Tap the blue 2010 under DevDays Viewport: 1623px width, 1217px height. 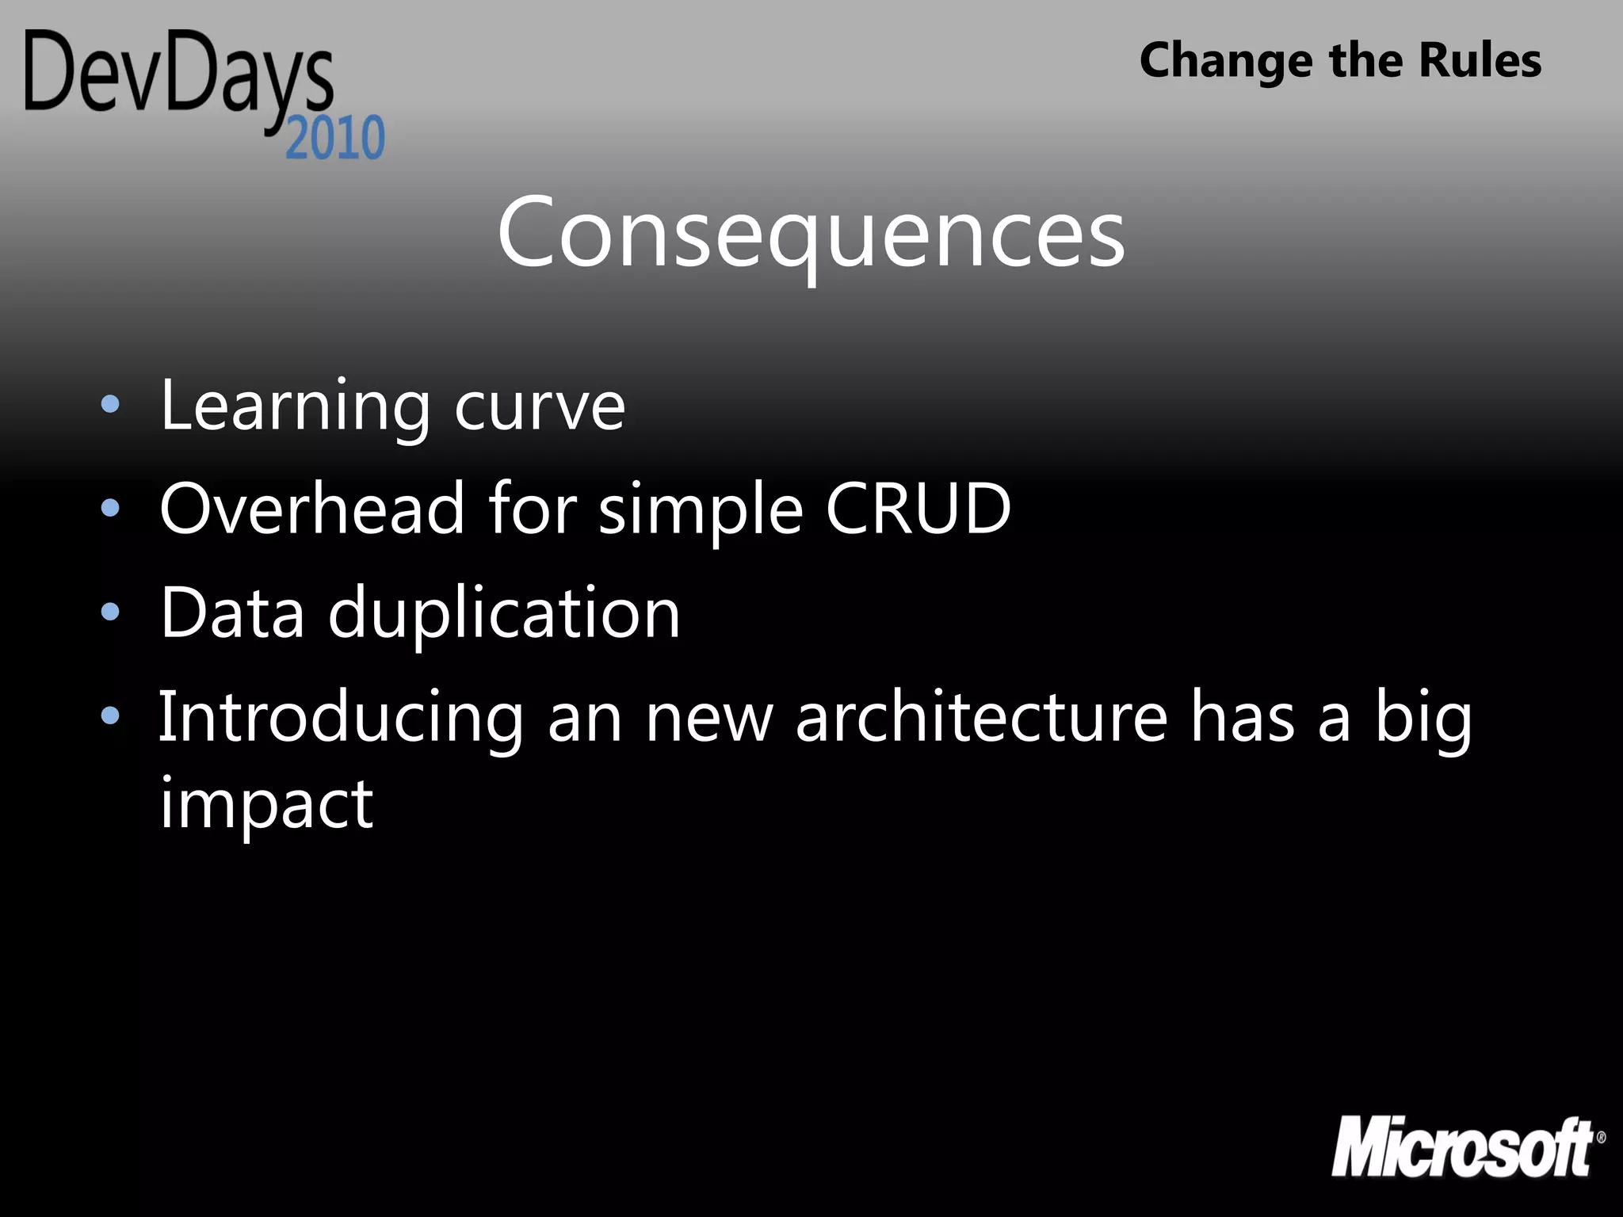click(335, 139)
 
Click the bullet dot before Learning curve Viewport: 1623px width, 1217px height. click(110, 405)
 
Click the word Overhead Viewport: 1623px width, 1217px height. click(311, 509)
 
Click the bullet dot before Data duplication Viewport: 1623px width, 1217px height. click(110, 612)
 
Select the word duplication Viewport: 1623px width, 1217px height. click(504, 614)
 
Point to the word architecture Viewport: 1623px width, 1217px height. click(981, 717)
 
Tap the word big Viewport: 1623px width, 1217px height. click(1423, 718)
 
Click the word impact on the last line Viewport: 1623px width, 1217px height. click(266, 805)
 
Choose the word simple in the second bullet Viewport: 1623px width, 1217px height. click(701, 511)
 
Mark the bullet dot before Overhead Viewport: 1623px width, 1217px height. click(110, 508)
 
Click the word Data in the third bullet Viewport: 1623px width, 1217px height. click(232, 612)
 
